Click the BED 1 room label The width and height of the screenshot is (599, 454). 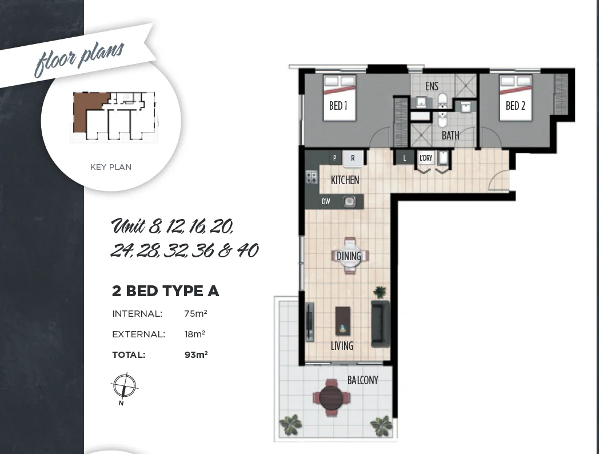[x=338, y=106]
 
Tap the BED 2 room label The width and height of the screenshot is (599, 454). [x=515, y=106]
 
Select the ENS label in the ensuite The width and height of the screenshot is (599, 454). [x=432, y=86]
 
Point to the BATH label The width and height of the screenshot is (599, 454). [x=450, y=136]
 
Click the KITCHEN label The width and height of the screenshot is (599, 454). [x=345, y=180]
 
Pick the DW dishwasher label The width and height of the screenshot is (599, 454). [x=326, y=201]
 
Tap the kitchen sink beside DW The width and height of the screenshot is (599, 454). [x=349, y=201]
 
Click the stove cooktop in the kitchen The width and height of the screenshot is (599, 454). [x=312, y=177]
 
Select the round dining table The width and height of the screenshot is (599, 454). [x=349, y=256]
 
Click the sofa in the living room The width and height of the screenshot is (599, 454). [x=380, y=323]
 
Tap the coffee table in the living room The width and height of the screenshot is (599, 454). [x=343, y=321]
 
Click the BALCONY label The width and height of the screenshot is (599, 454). [x=362, y=380]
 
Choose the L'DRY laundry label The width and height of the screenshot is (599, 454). [x=426, y=158]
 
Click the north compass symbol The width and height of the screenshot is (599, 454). [x=123, y=387]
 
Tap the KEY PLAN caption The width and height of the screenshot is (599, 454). [x=111, y=167]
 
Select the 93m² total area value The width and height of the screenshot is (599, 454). [x=195, y=355]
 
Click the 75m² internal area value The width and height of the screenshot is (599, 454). [x=195, y=313]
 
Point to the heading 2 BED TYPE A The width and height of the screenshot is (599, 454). [x=165, y=291]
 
